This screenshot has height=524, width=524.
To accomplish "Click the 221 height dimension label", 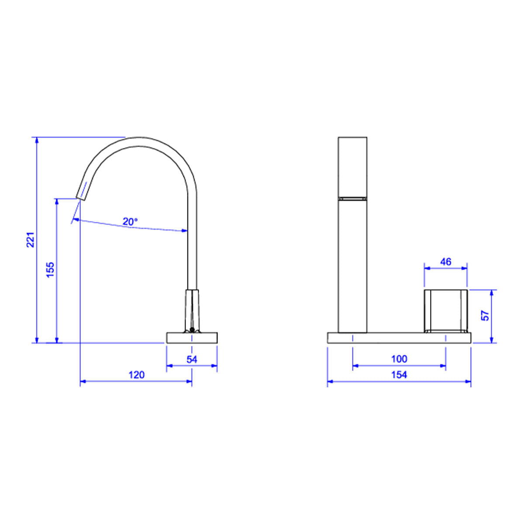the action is [x=31, y=240].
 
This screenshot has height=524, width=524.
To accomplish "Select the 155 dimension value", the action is [x=50, y=269].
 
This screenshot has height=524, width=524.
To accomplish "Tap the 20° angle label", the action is [x=130, y=222].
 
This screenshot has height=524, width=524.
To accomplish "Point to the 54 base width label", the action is [x=192, y=359].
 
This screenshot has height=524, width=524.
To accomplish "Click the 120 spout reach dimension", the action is [x=137, y=375].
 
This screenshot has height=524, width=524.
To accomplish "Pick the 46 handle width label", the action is [x=445, y=262].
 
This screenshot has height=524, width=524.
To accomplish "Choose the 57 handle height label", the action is [x=485, y=315].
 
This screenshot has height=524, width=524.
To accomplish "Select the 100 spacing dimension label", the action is [x=399, y=359].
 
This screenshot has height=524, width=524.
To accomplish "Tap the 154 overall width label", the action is [x=399, y=375].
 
